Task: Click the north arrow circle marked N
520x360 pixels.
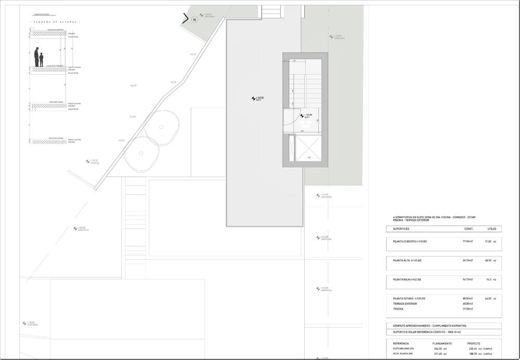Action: click(x=194, y=20)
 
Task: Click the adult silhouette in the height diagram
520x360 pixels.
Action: click(x=37, y=57)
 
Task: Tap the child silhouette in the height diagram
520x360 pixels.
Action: click(x=42, y=60)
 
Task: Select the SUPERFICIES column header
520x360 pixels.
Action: click(x=401, y=229)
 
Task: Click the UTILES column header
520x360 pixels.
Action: click(x=491, y=229)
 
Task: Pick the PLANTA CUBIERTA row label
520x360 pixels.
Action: click(x=410, y=241)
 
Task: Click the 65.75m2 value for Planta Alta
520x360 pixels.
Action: click(x=467, y=260)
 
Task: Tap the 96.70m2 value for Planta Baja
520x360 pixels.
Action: click(x=467, y=279)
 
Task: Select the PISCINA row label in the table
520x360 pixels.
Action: click(x=398, y=308)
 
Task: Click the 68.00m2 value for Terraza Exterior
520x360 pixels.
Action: click(x=467, y=303)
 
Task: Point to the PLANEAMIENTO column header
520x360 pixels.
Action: click(x=442, y=344)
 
